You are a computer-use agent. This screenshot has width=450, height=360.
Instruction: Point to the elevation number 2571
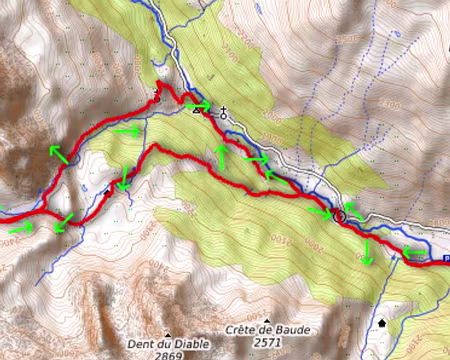point(265,342)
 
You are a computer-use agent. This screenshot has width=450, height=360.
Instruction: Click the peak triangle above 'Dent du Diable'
point(168,334)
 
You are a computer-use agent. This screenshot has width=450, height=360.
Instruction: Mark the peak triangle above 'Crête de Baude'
point(266,320)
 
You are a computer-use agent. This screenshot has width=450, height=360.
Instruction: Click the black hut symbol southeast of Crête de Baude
point(382,323)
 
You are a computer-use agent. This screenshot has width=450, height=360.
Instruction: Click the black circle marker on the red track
point(339,215)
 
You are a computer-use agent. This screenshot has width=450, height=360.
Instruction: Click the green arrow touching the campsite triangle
point(198,105)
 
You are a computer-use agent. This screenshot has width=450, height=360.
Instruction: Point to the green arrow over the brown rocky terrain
point(57,153)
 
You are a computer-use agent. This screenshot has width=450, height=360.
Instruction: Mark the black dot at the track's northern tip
point(157,98)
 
